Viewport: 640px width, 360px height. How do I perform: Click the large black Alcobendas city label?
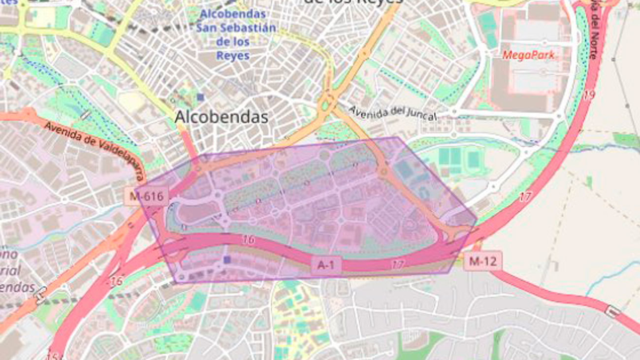pos(222,117)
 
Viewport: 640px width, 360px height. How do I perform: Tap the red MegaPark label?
pos(528,55)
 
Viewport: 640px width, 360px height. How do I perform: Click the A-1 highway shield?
pos(326,265)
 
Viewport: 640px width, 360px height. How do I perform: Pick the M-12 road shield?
pos(482,261)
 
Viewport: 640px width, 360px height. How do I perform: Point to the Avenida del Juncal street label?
pos(392,113)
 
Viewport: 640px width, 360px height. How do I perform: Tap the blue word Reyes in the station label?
pos(233,56)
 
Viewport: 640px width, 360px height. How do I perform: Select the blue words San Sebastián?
pos(236,28)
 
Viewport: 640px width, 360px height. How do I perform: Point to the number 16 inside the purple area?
pos(249,240)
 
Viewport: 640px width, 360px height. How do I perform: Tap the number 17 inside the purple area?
pos(398,264)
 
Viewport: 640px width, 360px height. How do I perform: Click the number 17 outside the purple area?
pos(525,197)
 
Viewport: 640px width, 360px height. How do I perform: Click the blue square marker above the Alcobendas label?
pos(200,97)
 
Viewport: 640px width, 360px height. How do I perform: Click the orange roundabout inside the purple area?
pos(383,171)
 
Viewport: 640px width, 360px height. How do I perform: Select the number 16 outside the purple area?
pos(116,281)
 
